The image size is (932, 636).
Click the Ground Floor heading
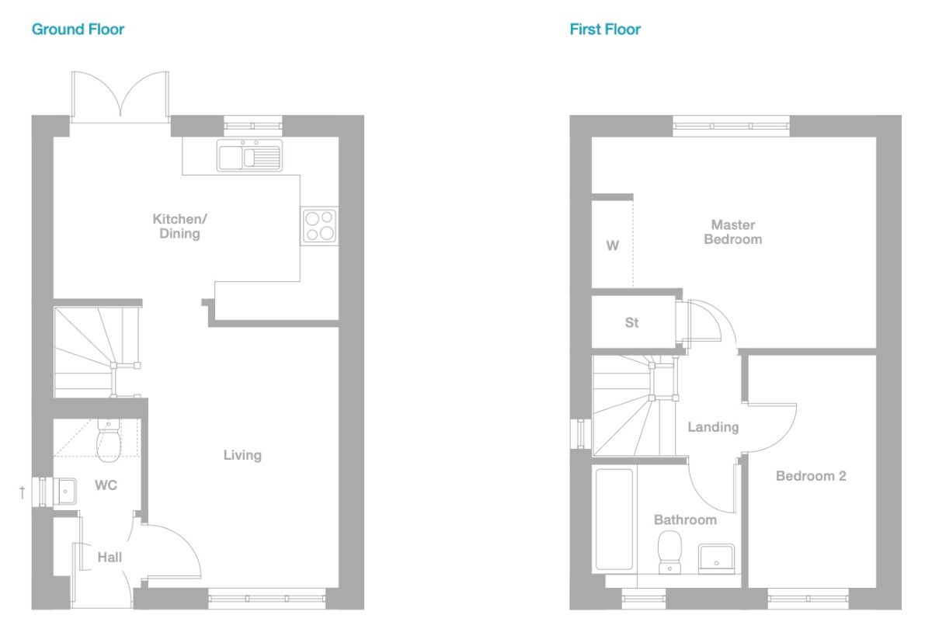tap(78, 30)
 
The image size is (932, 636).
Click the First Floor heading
tap(605, 30)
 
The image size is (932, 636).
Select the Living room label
tap(242, 455)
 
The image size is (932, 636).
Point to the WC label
tap(106, 486)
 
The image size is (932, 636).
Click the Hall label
tap(110, 557)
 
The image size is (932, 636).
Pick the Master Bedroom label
tap(732, 232)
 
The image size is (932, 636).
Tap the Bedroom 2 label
tap(811, 476)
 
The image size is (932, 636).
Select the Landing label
tap(713, 427)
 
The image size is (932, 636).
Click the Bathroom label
tap(685, 520)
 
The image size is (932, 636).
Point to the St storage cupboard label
tap(631, 322)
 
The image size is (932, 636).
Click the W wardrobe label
tap(613, 246)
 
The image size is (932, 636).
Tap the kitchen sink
tap(249, 156)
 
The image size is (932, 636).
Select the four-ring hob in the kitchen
tap(319, 225)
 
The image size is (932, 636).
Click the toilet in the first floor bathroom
tap(669, 549)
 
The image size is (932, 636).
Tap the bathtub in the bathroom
tap(614, 518)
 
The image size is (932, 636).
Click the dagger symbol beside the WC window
tap(23, 492)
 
